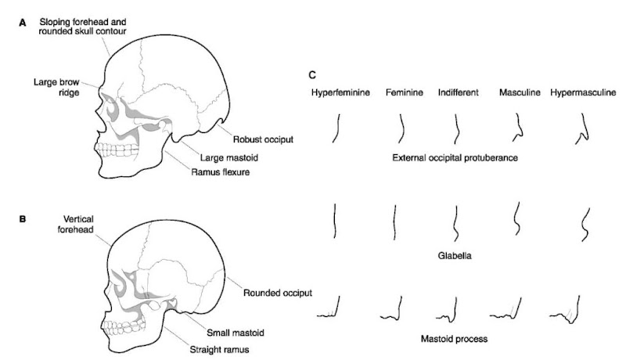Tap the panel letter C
pyautogui.click(x=313, y=76)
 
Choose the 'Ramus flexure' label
pyautogui.click(x=219, y=171)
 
